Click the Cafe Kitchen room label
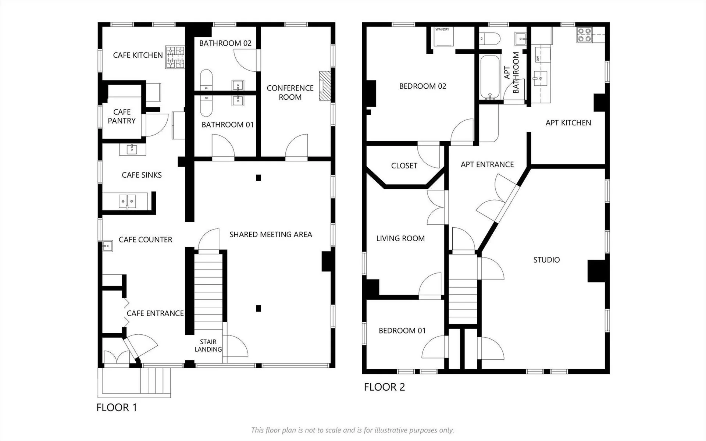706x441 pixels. pyautogui.click(x=138, y=55)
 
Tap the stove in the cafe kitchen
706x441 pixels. pyautogui.click(x=175, y=57)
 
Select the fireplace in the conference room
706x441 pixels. pyautogui.click(x=325, y=86)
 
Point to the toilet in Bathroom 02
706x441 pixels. pyautogui.click(x=206, y=80)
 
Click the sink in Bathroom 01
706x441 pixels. pyautogui.click(x=238, y=100)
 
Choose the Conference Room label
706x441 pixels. pyautogui.click(x=290, y=93)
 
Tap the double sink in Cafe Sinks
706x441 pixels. pyautogui.click(x=127, y=202)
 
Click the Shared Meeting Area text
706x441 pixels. pyautogui.click(x=271, y=235)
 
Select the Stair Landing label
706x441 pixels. pyautogui.click(x=208, y=346)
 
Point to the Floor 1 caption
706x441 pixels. pyautogui.click(x=117, y=408)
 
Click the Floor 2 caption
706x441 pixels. pyautogui.click(x=385, y=387)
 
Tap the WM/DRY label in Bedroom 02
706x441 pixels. pyautogui.click(x=442, y=29)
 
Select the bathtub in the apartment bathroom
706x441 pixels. pyautogui.click(x=490, y=77)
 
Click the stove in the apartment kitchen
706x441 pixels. pyautogui.click(x=584, y=35)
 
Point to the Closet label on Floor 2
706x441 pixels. pyautogui.click(x=404, y=166)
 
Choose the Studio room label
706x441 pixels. pyautogui.click(x=547, y=260)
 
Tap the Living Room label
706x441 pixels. pyautogui.click(x=400, y=239)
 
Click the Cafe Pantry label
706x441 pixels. pyautogui.click(x=122, y=116)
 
